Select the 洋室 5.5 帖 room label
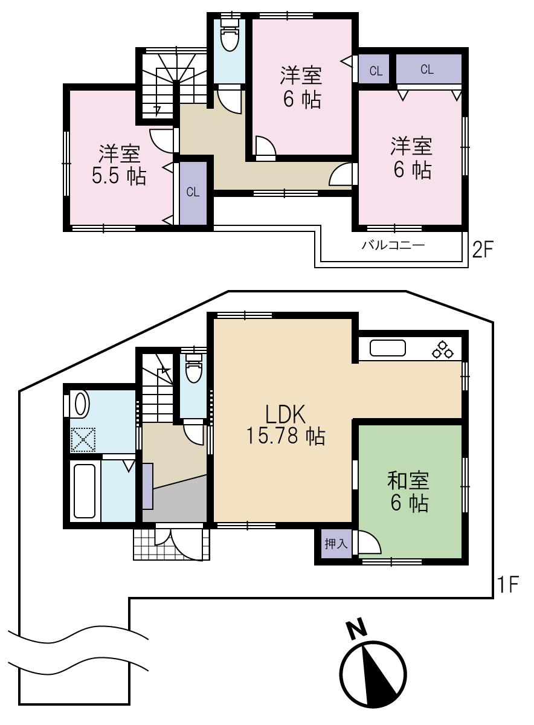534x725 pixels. tap(119, 165)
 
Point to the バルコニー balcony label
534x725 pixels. tap(393, 245)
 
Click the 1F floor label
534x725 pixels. tap(507, 585)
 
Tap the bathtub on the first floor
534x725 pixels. tap(85, 491)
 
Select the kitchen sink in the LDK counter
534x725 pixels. tap(387, 349)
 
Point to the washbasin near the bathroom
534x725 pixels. tap(80, 404)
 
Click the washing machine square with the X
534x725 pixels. tap(83, 439)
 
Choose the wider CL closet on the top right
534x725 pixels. tap(428, 69)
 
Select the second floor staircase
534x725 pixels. tap(163, 85)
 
